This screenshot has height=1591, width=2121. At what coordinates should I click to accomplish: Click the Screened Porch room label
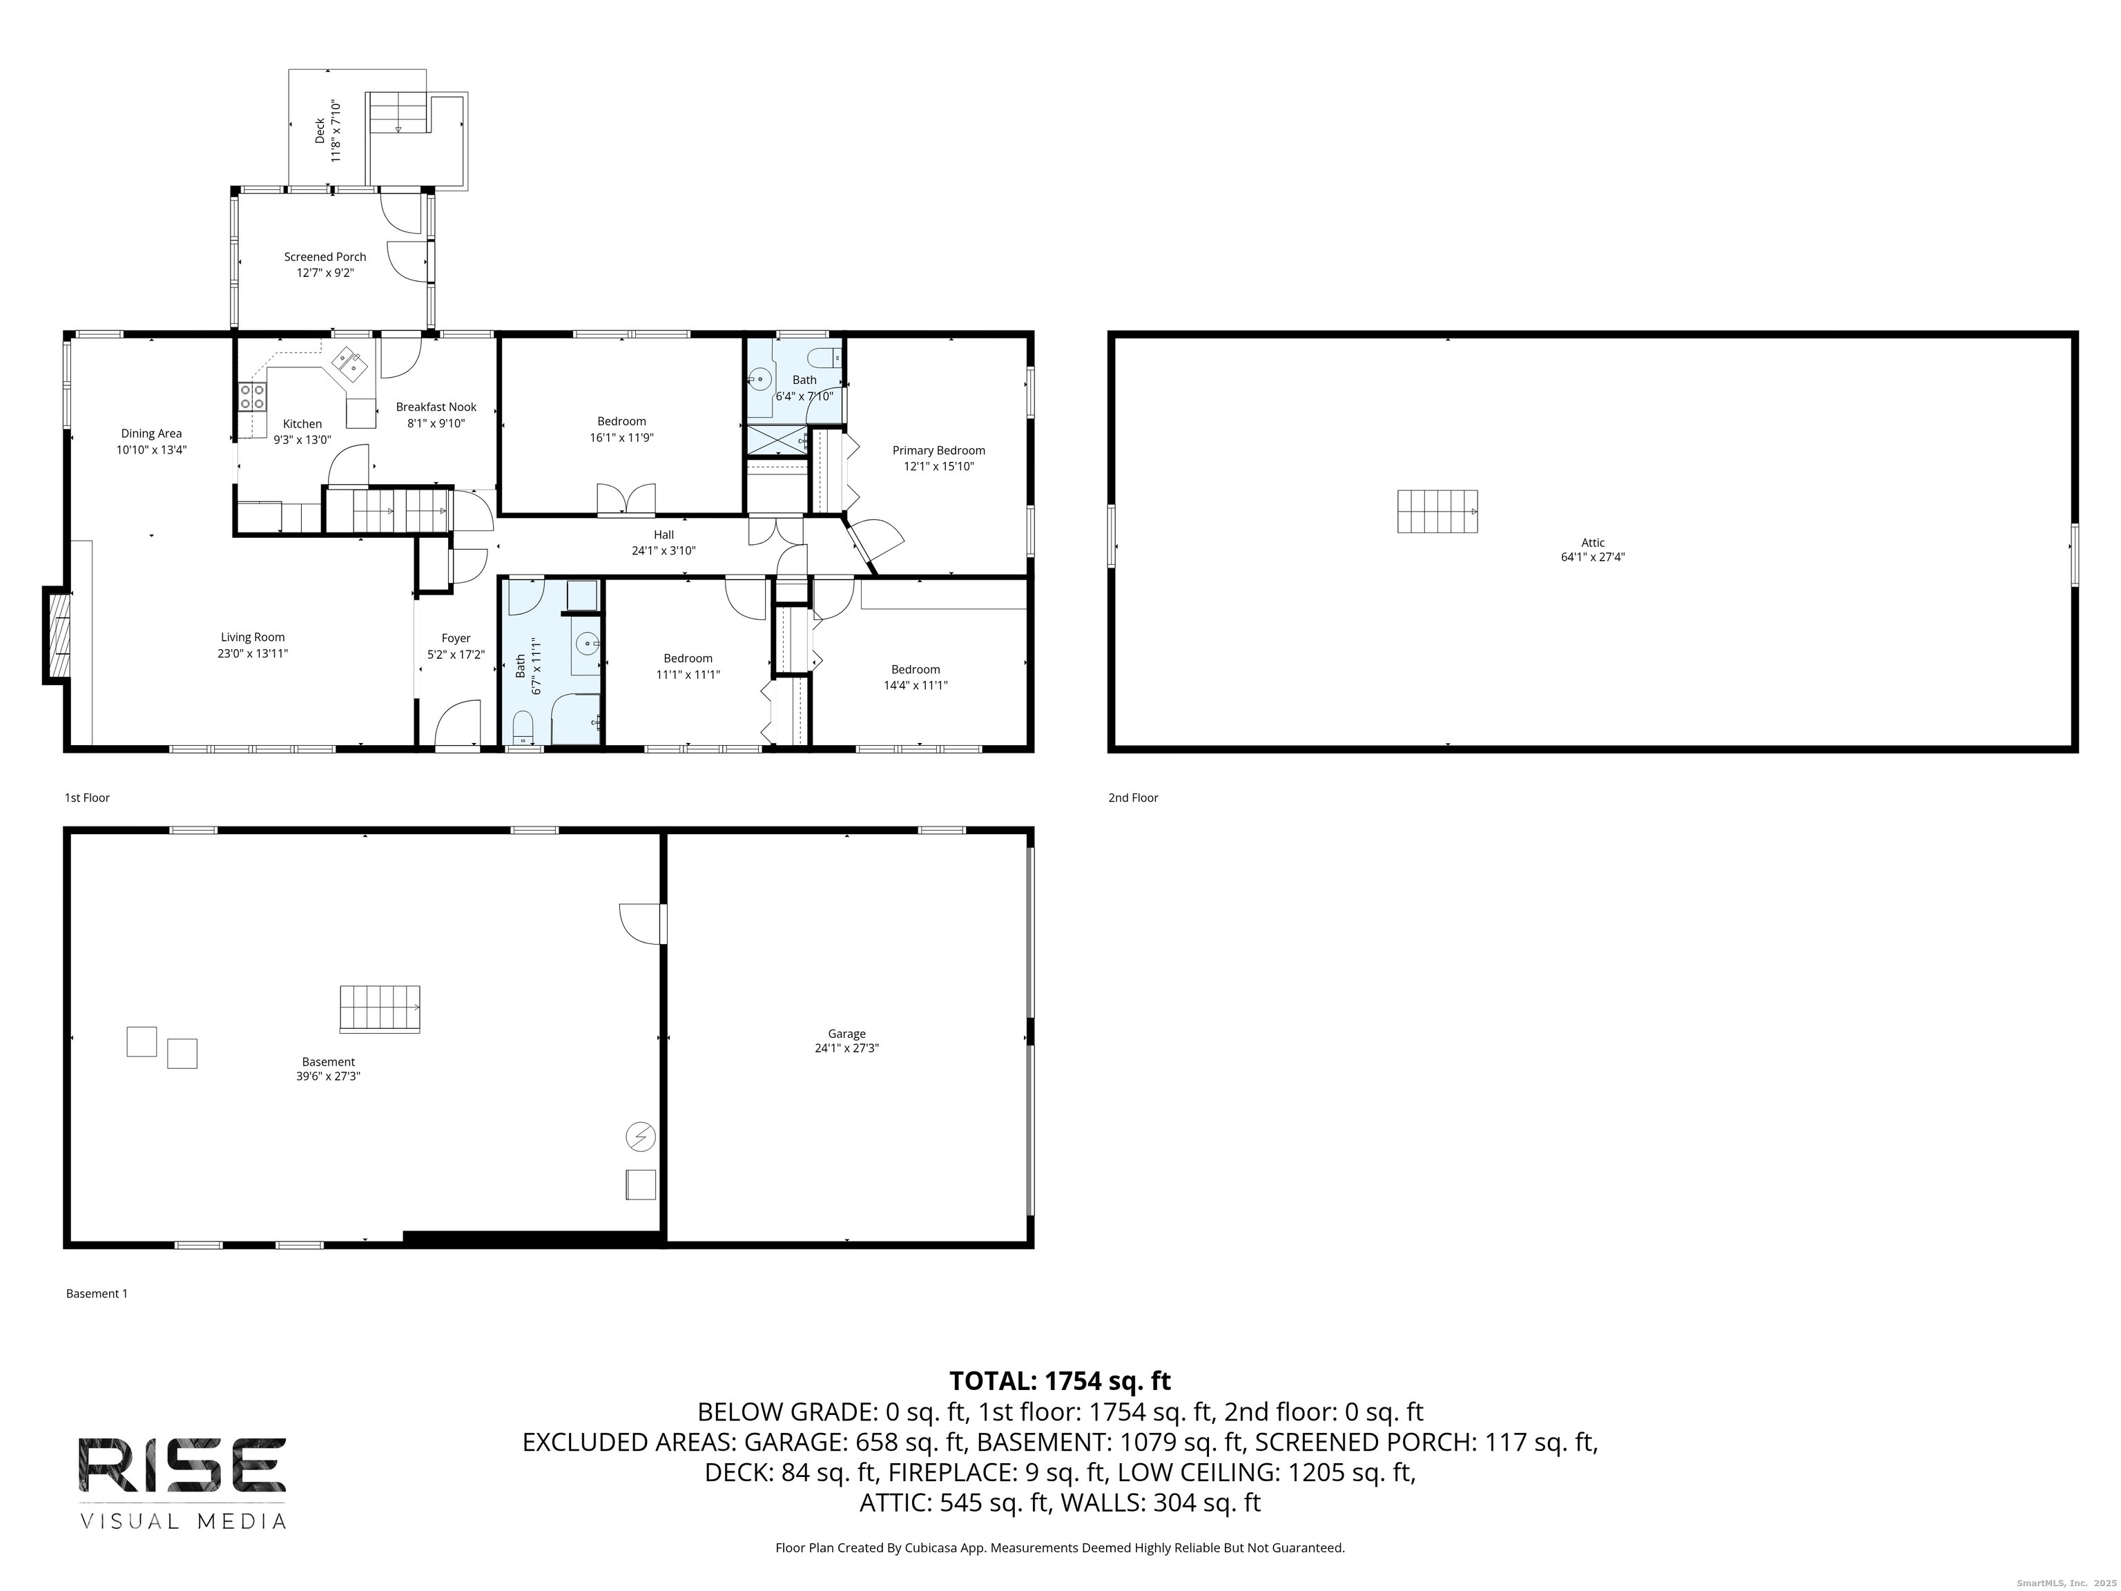pyautogui.click(x=325, y=257)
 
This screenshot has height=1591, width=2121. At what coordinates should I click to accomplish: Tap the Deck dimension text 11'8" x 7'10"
pyautogui.click(x=336, y=131)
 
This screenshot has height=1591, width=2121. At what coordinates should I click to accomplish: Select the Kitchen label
pyautogui.click(x=302, y=424)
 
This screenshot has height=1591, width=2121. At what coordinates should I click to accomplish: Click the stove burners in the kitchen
pyautogui.click(x=252, y=396)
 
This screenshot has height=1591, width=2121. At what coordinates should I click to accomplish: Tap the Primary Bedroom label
pyautogui.click(x=939, y=451)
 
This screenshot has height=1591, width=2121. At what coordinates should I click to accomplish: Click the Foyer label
pyautogui.click(x=456, y=639)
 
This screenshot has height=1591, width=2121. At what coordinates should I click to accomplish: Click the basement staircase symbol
pyautogui.click(x=380, y=1009)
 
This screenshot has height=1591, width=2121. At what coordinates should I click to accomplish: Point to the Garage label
pyautogui.click(x=846, y=1034)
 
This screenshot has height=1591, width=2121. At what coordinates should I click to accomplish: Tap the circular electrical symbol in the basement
pyautogui.click(x=641, y=1137)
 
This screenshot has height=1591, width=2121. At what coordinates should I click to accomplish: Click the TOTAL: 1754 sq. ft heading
pyautogui.click(x=1060, y=1381)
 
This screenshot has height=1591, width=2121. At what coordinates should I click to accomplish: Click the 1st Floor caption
pyautogui.click(x=87, y=798)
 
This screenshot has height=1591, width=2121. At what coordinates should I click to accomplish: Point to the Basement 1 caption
pyautogui.click(x=97, y=1293)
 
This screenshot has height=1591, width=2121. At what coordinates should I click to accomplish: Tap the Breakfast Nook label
pyautogui.click(x=436, y=407)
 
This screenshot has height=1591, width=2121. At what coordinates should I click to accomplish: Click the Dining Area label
pyautogui.click(x=151, y=434)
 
